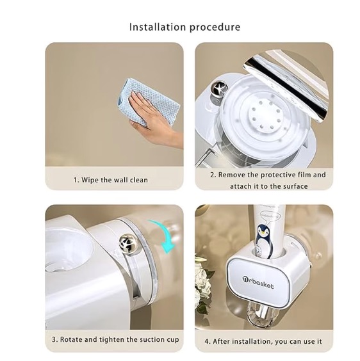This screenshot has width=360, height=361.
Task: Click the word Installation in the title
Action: [x=158, y=27]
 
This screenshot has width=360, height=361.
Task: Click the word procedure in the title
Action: [x=215, y=28]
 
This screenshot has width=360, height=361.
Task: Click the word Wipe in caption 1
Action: [x=90, y=180]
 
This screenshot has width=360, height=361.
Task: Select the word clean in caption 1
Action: [x=139, y=180]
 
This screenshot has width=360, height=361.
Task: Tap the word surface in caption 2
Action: [x=295, y=186]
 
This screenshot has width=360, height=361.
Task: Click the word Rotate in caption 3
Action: [x=70, y=340]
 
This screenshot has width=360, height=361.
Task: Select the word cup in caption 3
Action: [x=172, y=340]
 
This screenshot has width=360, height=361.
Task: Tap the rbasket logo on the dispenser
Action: [x=258, y=282]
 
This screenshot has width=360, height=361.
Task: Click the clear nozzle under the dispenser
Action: [x=261, y=316]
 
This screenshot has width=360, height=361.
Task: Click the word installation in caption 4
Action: [x=250, y=341]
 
